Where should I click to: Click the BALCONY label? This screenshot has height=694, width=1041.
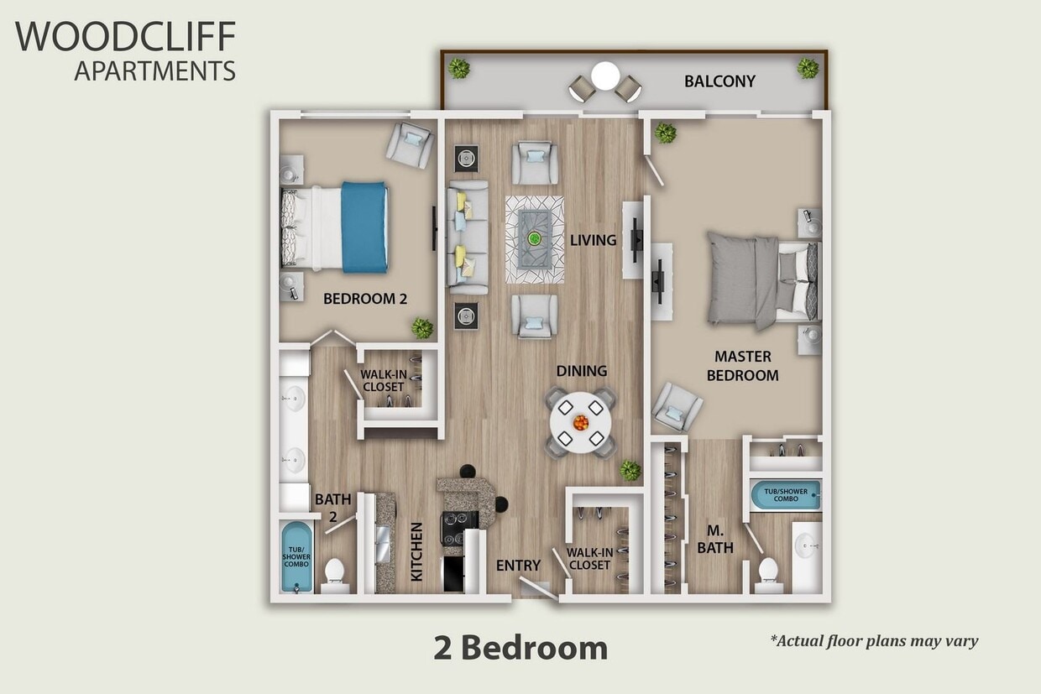coord(719,81)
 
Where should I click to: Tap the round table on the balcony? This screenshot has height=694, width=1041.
coord(605,76)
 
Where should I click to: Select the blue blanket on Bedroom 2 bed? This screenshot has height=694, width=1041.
coord(364,227)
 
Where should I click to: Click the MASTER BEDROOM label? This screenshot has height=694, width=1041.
coord(742,366)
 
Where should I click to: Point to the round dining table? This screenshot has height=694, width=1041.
coord(581,422)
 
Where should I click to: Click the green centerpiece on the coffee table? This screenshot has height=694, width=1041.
coord(534,238)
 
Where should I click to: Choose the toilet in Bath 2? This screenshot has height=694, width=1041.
coord(335,572)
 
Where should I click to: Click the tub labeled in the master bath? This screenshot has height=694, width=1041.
coord(785,495)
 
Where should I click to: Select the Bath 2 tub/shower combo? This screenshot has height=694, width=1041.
coord(296,556)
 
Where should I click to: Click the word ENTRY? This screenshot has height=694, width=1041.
coord(518,566)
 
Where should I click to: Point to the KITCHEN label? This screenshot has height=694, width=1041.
coord(416,551)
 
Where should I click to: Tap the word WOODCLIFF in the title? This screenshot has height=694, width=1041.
coord(125,37)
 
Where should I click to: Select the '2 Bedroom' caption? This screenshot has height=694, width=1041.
coord(520,648)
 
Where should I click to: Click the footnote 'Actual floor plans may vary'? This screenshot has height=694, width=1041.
coord(874,641)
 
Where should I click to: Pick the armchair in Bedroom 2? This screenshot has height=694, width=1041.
coord(410,143)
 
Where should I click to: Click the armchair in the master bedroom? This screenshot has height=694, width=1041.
coord(677,406)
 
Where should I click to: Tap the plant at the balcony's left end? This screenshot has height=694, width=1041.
coord(458,68)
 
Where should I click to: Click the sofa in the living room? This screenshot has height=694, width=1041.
coord(467,238)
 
